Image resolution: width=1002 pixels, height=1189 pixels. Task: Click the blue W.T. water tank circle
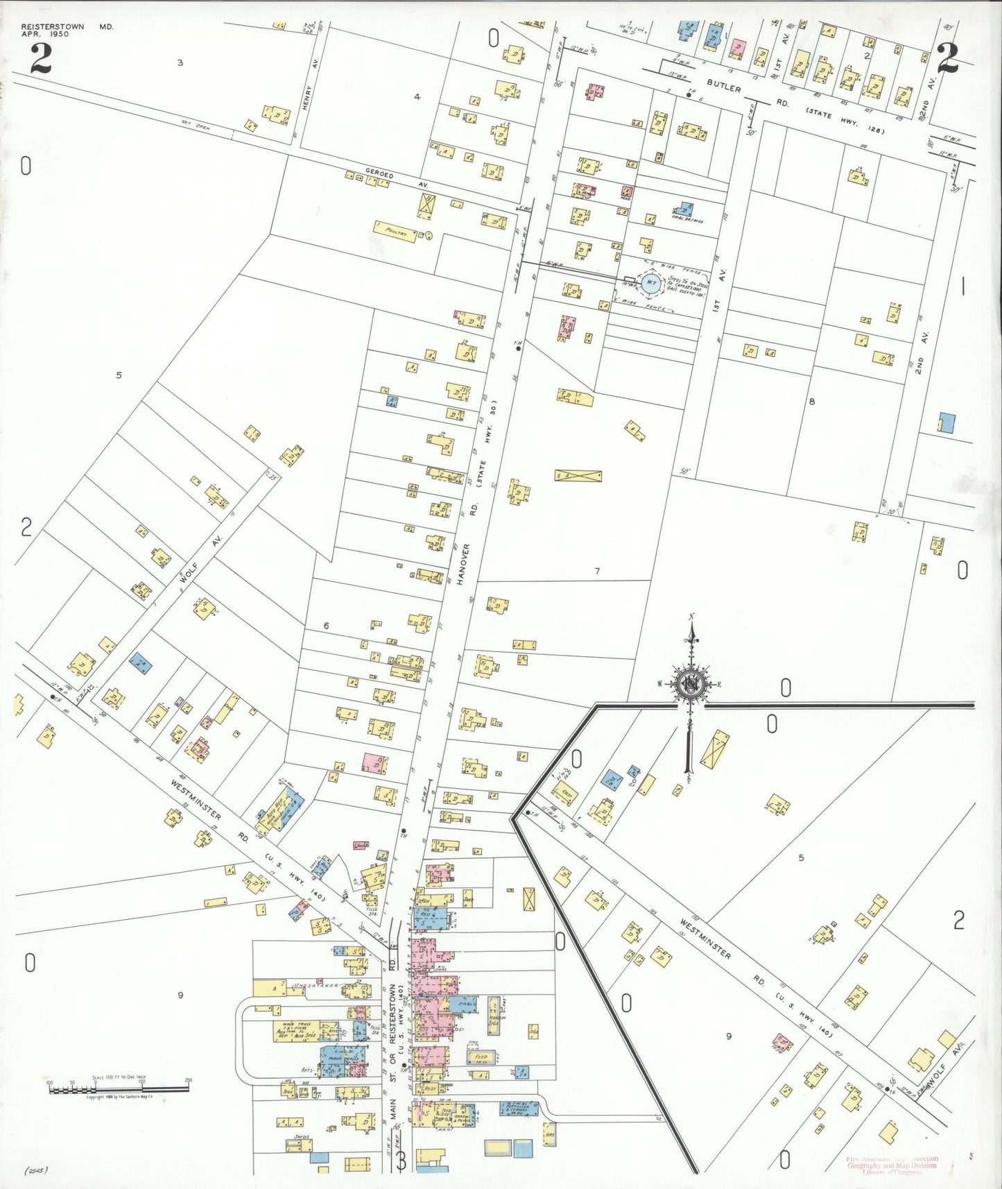click(650, 281)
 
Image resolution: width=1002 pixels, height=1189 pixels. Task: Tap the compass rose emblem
click(691, 683)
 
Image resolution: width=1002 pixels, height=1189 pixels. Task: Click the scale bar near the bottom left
click(118, 1089)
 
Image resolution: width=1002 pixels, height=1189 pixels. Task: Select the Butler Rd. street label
click(725, 85)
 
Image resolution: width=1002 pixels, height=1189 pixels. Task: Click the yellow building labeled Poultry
click(395, 231)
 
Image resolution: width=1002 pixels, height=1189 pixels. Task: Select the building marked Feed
click(480, 1059)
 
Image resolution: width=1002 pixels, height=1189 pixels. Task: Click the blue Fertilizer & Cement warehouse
click(519, 1109)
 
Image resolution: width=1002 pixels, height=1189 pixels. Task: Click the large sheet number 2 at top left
click(40, 58)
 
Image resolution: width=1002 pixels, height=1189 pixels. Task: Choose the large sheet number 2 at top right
click(947, 58)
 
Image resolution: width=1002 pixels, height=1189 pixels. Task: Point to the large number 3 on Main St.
click(401, 1160)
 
